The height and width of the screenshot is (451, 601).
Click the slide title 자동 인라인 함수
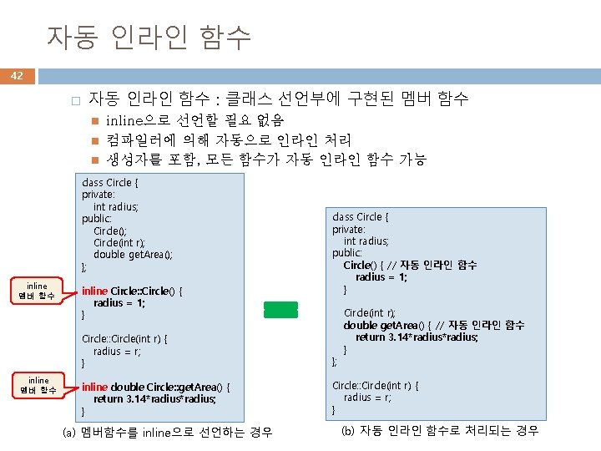148,37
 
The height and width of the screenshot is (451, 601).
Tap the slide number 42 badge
17,76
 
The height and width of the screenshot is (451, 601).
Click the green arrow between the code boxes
280,309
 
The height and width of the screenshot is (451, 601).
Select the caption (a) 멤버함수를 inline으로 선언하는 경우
168,432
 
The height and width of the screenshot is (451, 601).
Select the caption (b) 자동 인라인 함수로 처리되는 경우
440,431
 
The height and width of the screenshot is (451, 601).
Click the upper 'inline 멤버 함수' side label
37,291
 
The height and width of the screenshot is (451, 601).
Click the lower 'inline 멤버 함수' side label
37,385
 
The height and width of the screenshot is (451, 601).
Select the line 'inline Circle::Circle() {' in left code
132,291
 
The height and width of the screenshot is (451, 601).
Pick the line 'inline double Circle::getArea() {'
156,387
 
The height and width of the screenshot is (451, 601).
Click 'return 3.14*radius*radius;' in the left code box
154,399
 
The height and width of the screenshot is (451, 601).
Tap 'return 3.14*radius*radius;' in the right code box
417,337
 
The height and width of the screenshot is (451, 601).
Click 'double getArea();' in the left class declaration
133,255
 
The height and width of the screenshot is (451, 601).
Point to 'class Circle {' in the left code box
109,182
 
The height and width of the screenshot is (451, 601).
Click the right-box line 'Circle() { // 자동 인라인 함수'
410,265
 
